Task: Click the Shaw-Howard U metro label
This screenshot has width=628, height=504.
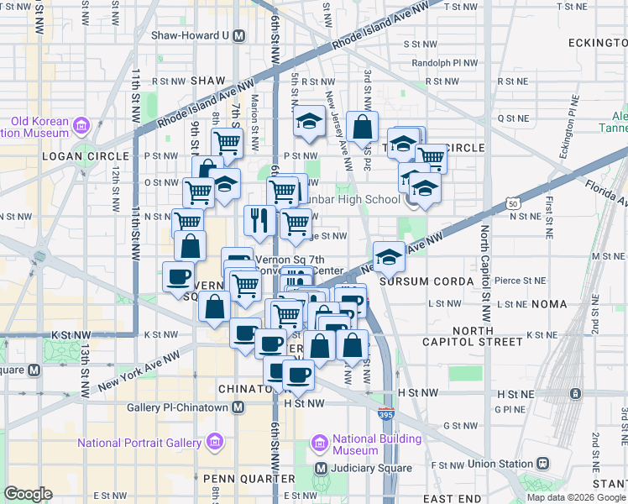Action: (191, 36)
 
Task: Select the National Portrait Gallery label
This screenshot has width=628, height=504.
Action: (139, 443)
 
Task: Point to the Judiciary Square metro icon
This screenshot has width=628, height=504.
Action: (320, 468)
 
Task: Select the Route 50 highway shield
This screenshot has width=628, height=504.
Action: (512, 202)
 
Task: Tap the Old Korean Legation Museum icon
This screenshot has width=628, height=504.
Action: (81, 127)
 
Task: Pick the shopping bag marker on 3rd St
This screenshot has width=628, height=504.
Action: (362, 127)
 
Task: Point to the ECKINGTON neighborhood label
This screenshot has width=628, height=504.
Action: (591, 42)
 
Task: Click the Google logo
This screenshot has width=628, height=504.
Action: (28, 494)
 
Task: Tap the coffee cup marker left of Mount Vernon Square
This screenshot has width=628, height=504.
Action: (178, 276)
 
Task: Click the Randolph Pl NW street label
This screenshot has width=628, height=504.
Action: (444, 62)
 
